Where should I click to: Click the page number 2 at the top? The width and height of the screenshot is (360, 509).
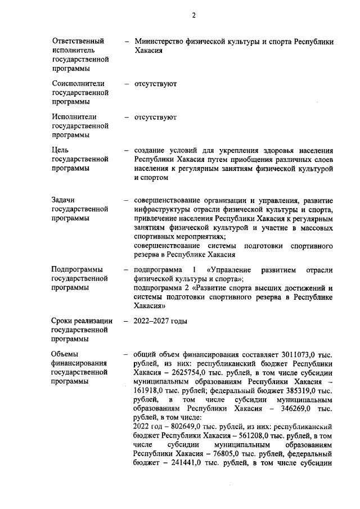193,15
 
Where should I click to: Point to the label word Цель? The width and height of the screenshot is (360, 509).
60,150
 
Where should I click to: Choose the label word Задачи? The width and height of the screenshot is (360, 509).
64,200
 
